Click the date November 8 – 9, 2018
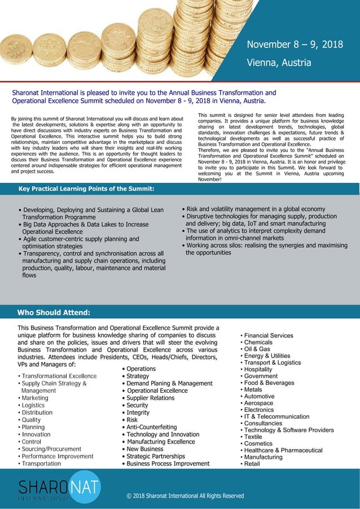[295, 45]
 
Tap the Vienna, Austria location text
[279, 62]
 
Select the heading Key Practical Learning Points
[86, 188]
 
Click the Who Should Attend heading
[54, 312]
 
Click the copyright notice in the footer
[185, 496]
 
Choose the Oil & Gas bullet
[257, 349]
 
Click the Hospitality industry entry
[258, 370]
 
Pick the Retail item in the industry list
[252, 464]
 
